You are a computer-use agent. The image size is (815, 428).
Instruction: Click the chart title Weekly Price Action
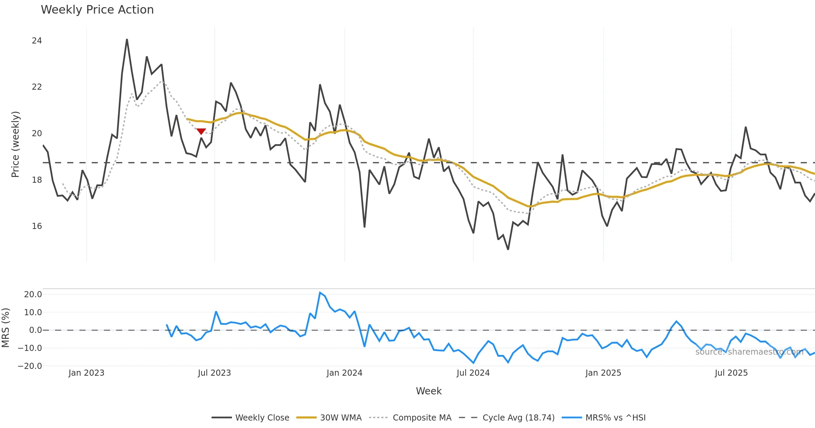pos(97,10)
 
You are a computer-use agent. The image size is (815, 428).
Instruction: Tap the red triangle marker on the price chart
pos(201,131)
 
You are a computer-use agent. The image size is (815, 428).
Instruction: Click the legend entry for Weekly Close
pos(251,417)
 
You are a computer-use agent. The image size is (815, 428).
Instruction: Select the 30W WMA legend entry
pos(329,417)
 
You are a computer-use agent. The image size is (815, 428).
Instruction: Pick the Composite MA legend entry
pos(410,417)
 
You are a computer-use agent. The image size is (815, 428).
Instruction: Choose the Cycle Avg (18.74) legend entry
pos(507,417)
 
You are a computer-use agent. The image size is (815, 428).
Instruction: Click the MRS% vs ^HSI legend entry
pos(604,417)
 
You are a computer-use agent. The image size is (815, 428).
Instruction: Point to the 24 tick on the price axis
pos(37,41)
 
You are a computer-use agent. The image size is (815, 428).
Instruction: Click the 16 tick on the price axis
pos(37,226)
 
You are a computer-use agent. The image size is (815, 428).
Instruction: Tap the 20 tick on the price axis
pos(37,133)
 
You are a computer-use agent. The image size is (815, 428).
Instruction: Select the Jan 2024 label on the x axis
pos(344,373)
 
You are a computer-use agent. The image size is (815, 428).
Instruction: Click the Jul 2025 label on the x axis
pos(731,373)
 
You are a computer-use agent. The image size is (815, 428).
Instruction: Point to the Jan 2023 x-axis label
pos(86,373)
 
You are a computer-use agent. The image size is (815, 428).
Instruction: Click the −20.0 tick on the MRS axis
pos(30,366)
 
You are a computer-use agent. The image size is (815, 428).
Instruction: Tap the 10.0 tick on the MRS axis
pos(33,313)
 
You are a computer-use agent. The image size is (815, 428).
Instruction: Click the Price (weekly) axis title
pos(16,144)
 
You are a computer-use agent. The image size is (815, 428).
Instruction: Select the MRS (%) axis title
pos(5,328)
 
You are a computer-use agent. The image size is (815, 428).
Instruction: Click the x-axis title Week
pos(429,391)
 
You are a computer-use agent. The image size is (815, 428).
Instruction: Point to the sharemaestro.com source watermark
pos(749,352)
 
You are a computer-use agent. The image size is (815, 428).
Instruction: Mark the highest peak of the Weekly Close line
pos(127,40)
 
